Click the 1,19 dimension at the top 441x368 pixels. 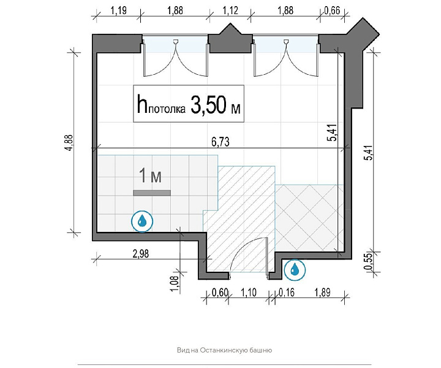click(118, 10)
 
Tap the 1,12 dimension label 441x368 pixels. click(230, 10)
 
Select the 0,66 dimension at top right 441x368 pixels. click(332, 10)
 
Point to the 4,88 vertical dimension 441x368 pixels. click(69, 143)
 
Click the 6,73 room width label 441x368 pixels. click(221, 142)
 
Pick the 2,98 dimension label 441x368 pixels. click(141, 254)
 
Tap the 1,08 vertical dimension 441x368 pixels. click(175, 284)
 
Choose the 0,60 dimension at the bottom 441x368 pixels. click(219, 293)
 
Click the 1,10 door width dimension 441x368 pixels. click(249, 293)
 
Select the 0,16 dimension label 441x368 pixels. click(286, 293)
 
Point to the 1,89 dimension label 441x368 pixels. click(322, 293)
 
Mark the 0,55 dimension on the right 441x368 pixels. click(368, 262)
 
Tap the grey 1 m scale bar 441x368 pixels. click(152, 193)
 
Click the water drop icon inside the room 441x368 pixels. click(142, 221)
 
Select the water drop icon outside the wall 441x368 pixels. click(295, 269)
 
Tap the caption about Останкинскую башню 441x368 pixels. click(224, 351)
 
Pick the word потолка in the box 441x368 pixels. click(167, 109)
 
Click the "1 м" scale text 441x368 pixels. click(151, 175)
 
